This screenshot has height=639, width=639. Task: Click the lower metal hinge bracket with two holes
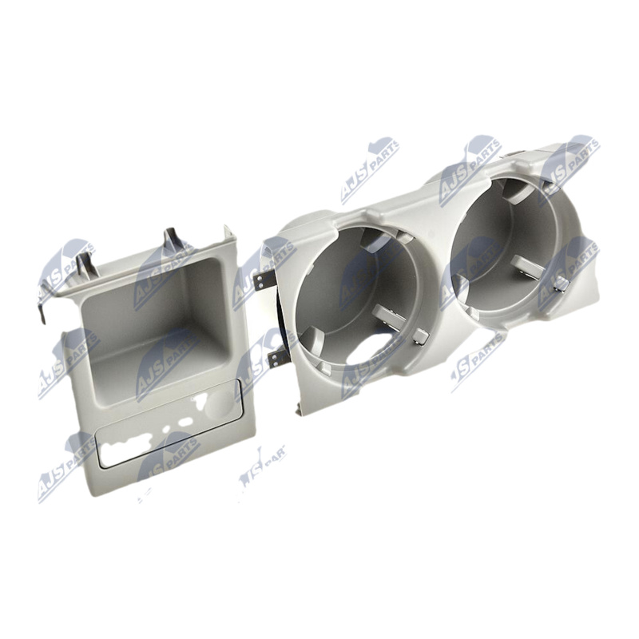pyautogui.click(x=276, y=358)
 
